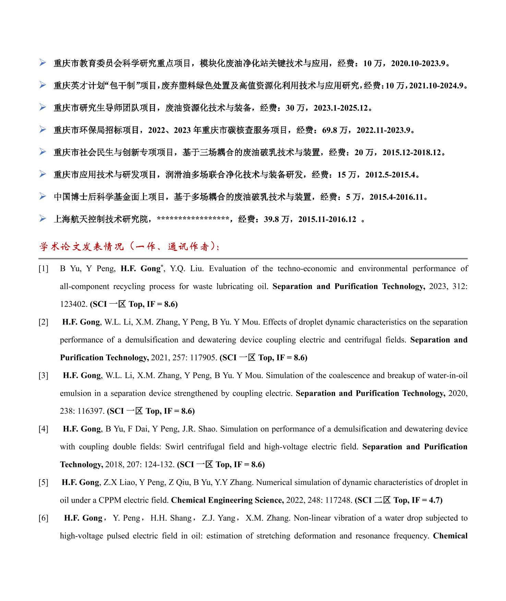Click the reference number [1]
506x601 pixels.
pyautogui.click(x=44, y=269)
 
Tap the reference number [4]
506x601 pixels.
pyautogui.click(x=44, y=429)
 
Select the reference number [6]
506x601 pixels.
pyautogui.click(x=44, y=518)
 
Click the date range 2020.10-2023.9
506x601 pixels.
pyautogui.click(x=418, y=63)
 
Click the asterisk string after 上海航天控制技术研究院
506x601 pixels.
pyautogui.click(x=193, y=219)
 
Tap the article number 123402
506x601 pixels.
pyautogui.click(x=74, y=304)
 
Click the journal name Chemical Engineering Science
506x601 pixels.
pyautogui.click(x=227, y=500)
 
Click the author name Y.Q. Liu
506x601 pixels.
pyautogui.click(x=186, y=269)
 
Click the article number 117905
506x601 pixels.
pyautogui.click(x=203, y=358)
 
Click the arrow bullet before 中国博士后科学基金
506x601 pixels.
pyautogui.click(x=43, y=196)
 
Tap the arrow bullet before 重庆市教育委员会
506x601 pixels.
pyautogui.click(x=43, y=63)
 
